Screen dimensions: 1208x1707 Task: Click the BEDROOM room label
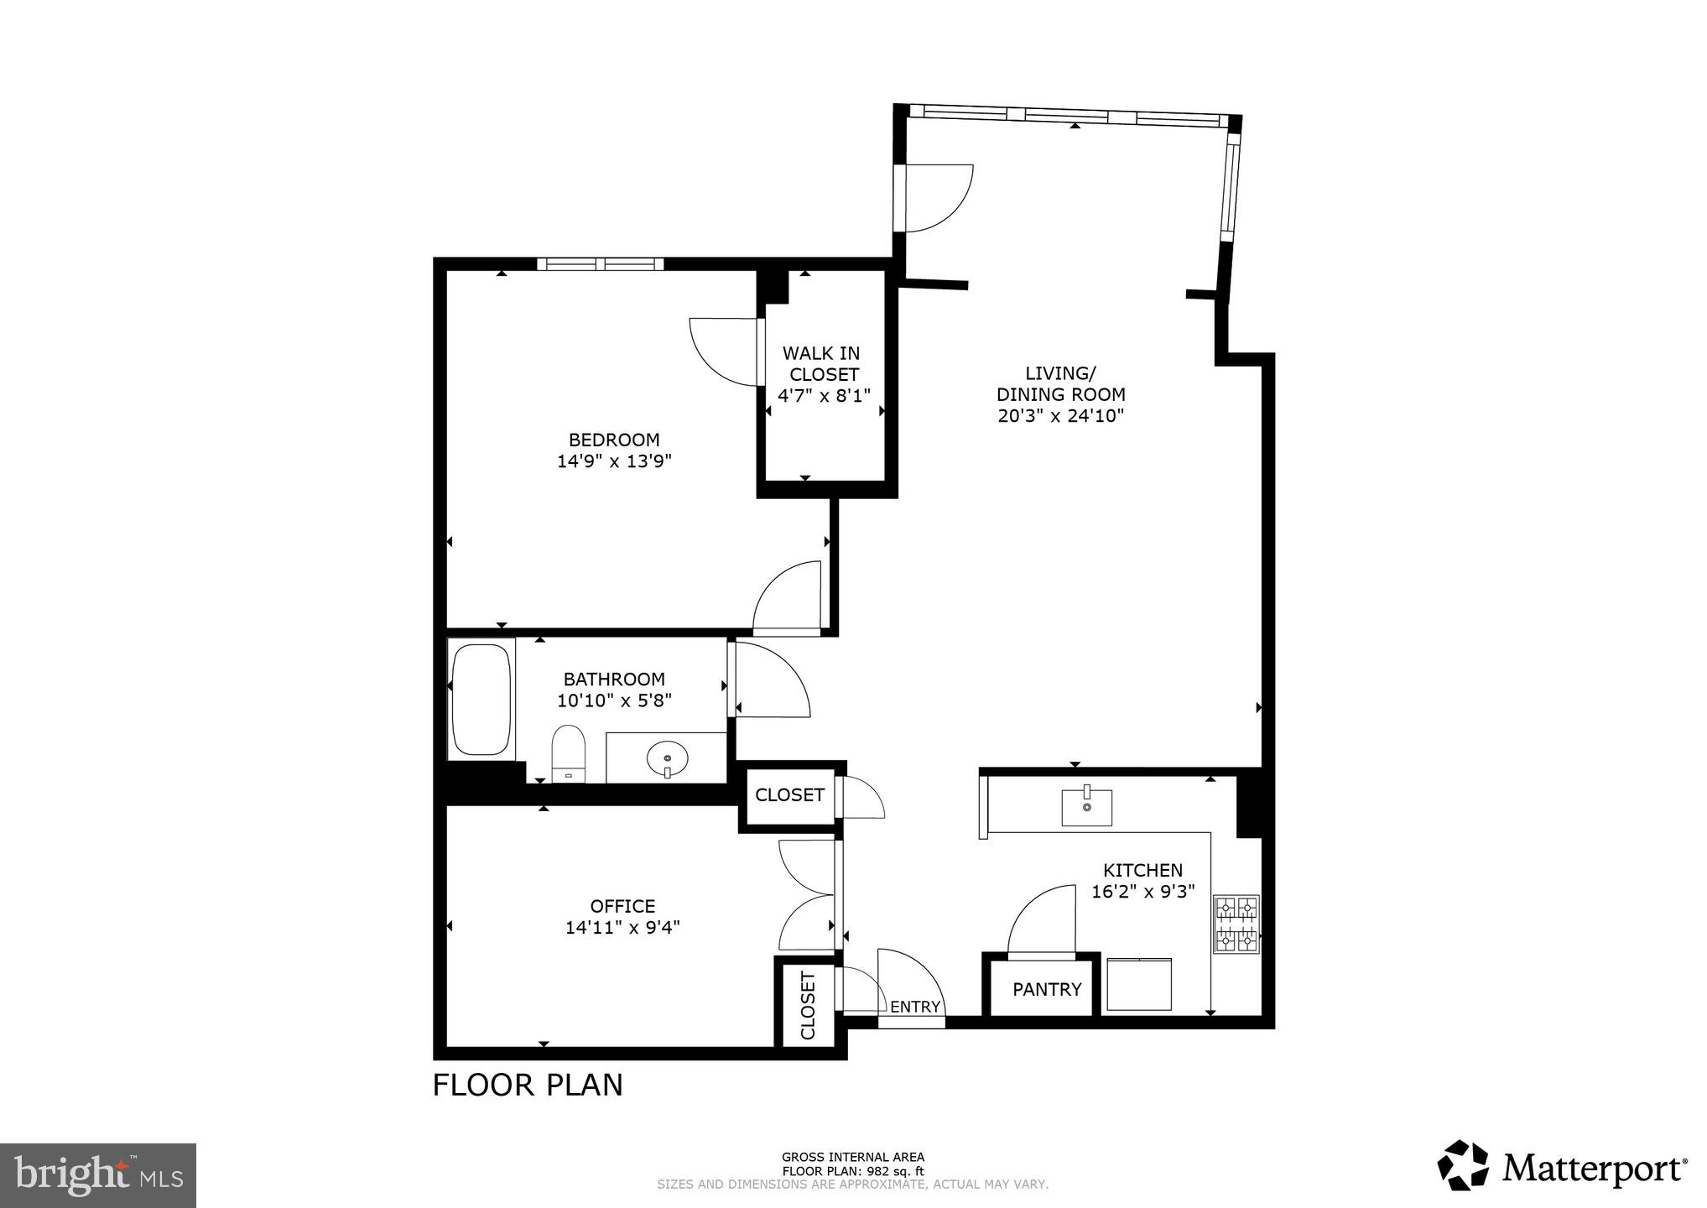(x=614, y=440)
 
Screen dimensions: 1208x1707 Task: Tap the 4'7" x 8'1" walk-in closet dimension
(x=824, y=395)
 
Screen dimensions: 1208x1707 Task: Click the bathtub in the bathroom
(x=481, y=700)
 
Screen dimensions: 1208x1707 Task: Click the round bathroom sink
(x=667, y=760)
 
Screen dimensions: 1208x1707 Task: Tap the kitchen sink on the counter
(x=1086, y=807)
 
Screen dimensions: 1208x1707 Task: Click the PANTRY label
(x=1046, y=990)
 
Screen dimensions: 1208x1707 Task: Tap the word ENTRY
(x=914, y=1007)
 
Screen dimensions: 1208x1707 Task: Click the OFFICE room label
(x=622, y=906)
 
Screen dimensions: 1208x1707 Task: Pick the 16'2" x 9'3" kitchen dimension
(x=1142, y=892)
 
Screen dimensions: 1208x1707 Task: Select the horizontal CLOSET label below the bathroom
(x=789, y=794)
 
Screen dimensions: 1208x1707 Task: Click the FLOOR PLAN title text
(x=528, y=1085)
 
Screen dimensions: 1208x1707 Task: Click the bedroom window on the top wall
(x=600, y=264)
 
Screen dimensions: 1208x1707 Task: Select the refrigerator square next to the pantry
(x=1138, y=984)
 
